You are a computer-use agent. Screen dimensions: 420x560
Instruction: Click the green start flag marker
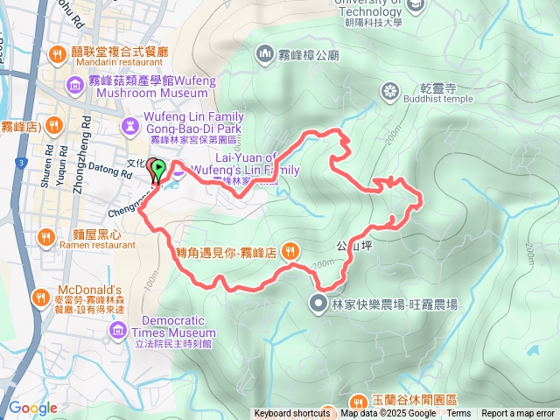pyautogui.click(x=157, y=169)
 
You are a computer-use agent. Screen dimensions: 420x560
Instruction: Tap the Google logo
pyautogui.click(x=32, y=408)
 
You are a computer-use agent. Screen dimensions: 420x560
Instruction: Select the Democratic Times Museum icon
pyautogui.click(x=119, y=330)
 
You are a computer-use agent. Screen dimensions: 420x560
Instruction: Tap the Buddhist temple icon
pyautogui.click(x=389, y=90)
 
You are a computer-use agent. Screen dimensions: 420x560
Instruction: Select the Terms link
pyautogui.click(x=458, y=414)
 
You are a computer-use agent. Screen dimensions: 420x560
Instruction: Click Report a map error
pyautogui.click(x=518, y=414)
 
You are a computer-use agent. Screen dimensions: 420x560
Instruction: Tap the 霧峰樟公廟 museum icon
pyautogui.click(x=264, y=55)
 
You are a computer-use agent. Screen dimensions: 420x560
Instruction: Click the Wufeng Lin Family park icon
pyautogui.click(x=130, y=127)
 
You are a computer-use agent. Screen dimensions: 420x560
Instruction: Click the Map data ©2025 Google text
pyautogui.click(x=388, y=414)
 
